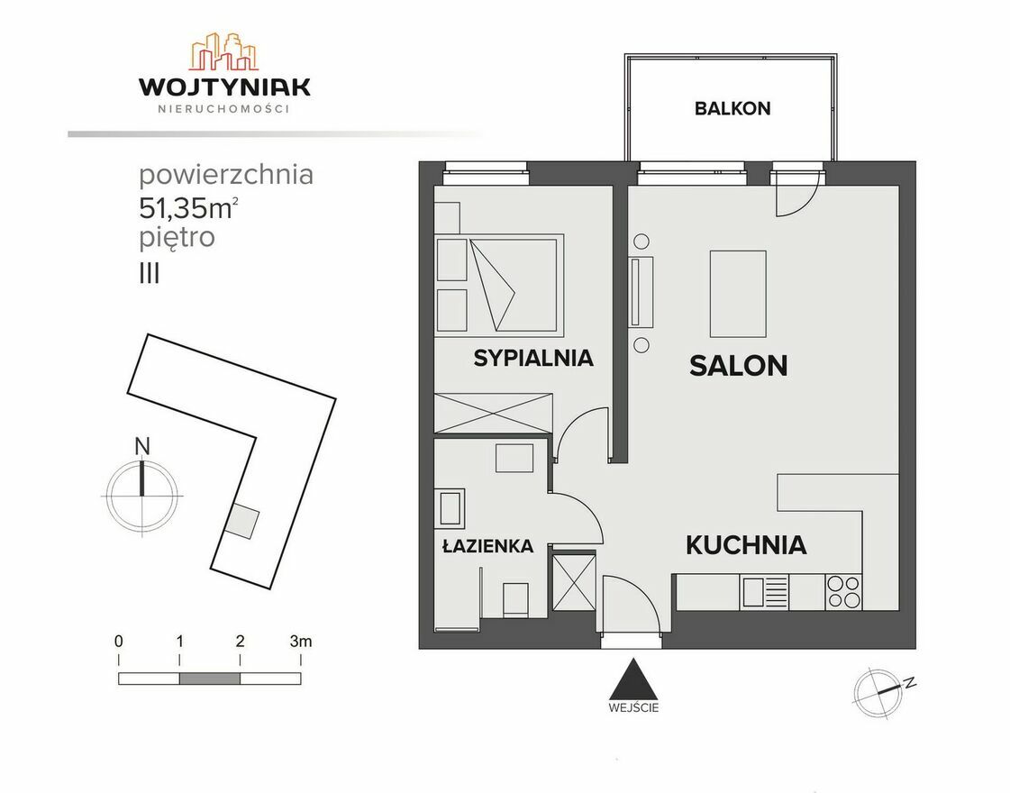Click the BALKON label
click(732, 108)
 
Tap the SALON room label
click(738, 366)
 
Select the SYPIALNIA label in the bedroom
click(533, 358)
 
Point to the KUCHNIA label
click(746, 545)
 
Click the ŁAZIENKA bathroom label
click(487, 546)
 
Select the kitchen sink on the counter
click(765, 592)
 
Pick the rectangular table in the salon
click(738, 294)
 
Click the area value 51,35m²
click(188, 207)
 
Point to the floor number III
click(150, 275)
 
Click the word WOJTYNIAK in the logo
click(225, 87)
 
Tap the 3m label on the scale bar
click(301, 641)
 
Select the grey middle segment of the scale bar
click(209, 679)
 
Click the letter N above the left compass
click(142, 446)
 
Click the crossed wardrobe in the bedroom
click(494, 414)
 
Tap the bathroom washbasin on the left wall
click(450, 507)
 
